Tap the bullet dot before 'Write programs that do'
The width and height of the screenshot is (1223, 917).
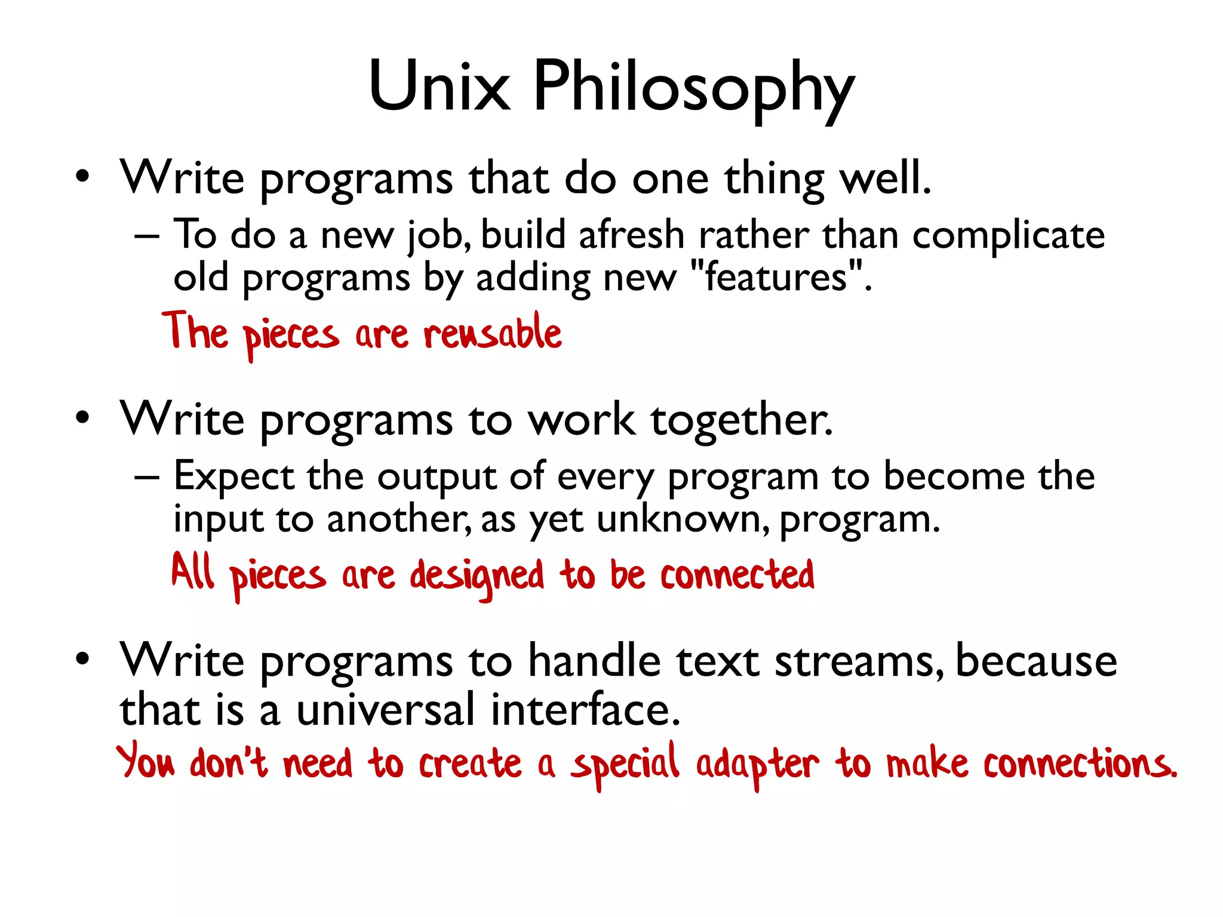pyautogui.click(x=82, y=177)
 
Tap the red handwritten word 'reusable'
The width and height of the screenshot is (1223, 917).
pyautogui.click(x=493, y=333)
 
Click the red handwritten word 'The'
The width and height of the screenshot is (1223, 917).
pyautogui.click(x=195, y=331)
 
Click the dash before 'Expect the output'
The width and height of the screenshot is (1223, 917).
pyautogui.click(x=147, y=478)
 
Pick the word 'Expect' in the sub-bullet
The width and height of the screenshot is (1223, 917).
pyautogui.click(x=233, y=477)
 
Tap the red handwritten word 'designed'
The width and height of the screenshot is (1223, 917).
pyautogui.click(x=477, y=577)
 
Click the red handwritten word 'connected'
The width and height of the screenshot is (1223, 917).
pyautogui.click(x=737, y=575)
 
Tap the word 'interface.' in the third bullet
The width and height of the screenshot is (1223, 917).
pyautogui.click(x=585, y=710)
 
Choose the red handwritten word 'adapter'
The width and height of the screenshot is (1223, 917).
pyautogui.click(x=757, y=765)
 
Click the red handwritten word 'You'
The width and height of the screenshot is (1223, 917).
pyautogui.click(x=146, y=761)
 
